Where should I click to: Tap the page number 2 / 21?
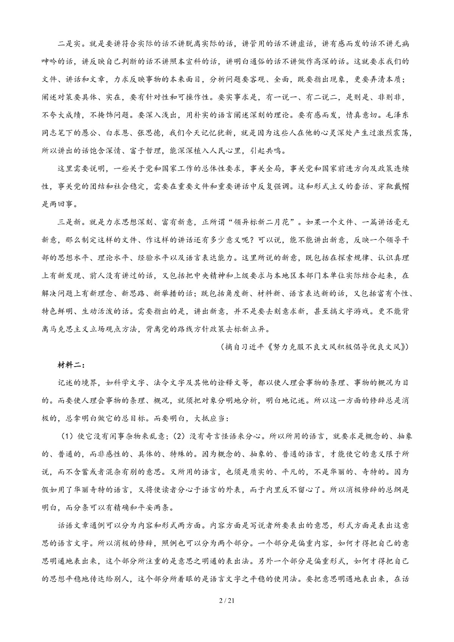pyautogui.click(x=227, y=610)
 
